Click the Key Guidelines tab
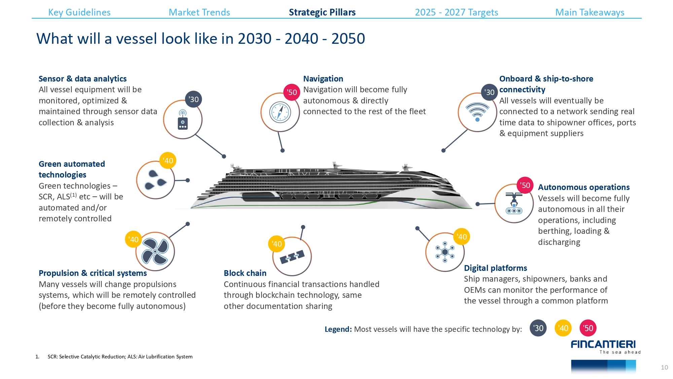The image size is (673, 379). (79, 12)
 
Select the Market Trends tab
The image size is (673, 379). (199, 12)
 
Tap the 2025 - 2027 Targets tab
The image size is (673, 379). (456, 12)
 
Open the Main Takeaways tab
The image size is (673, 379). (590, 12)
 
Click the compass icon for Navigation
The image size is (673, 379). (280, 112)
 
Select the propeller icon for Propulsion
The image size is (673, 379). (155, 251)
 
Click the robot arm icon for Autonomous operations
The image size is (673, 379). (514, 203)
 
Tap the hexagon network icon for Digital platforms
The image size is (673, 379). (445, 252)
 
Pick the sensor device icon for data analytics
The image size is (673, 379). (183, 120)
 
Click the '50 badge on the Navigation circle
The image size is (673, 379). (292, 92)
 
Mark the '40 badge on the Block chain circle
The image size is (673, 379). (277, 244)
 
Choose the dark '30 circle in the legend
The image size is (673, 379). (538, 328)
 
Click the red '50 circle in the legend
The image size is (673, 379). (588, 328)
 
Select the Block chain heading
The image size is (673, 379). (245, 273)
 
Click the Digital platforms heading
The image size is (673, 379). (495, 268)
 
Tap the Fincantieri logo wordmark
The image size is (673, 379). (603, 344)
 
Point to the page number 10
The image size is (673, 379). (664, 368)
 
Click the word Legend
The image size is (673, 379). (338, 329)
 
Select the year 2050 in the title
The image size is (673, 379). (348, 39)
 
